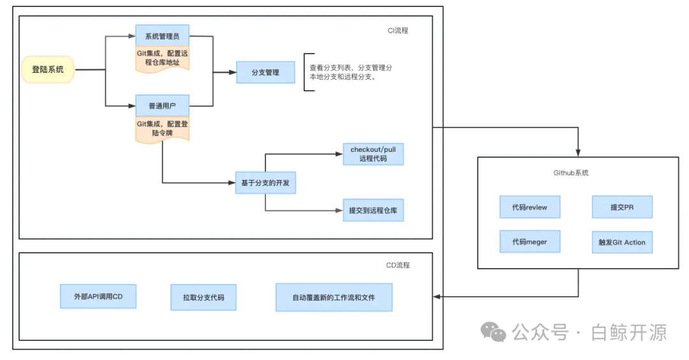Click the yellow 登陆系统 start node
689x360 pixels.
(48, 70)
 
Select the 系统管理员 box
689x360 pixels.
(162, 36)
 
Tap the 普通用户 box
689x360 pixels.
(162, 105)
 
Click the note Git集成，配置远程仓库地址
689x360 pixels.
(162, 58)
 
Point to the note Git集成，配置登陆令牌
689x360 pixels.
(162, 128)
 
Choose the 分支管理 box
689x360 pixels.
(265, 72)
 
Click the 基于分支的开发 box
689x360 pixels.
(265, 183)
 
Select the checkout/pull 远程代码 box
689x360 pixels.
(373, 154)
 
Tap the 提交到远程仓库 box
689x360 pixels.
(373, 210)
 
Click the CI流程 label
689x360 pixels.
(398, 30)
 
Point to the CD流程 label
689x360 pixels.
(398, 265)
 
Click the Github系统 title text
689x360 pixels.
(571, 172)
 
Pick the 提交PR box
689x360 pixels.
(622, 207)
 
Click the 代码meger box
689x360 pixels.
(530, 242)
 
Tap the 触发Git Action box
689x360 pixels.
(622, 243)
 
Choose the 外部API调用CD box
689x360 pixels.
(98, 296)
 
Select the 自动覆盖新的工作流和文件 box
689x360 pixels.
(334, 297)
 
